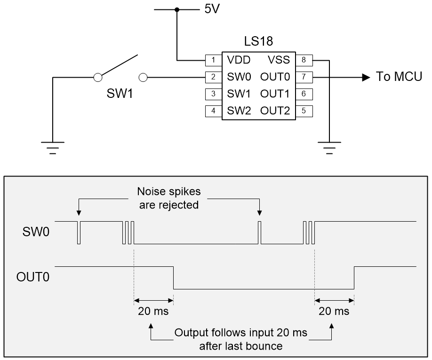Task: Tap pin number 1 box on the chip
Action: pos(214,60)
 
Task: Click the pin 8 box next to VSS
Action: pos(304,60)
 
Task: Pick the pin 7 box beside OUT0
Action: pos(304,77)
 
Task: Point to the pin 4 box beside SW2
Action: pos(214,112)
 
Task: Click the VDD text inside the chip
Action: pos(238,60)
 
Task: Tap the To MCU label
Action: pos(399,77)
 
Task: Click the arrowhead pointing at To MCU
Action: pos(365,77)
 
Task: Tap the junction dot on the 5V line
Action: pos(177,9)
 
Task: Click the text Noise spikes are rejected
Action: pos(168,198)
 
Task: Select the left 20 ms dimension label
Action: pos(152,311)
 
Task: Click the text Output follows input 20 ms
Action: pos(241,333)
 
